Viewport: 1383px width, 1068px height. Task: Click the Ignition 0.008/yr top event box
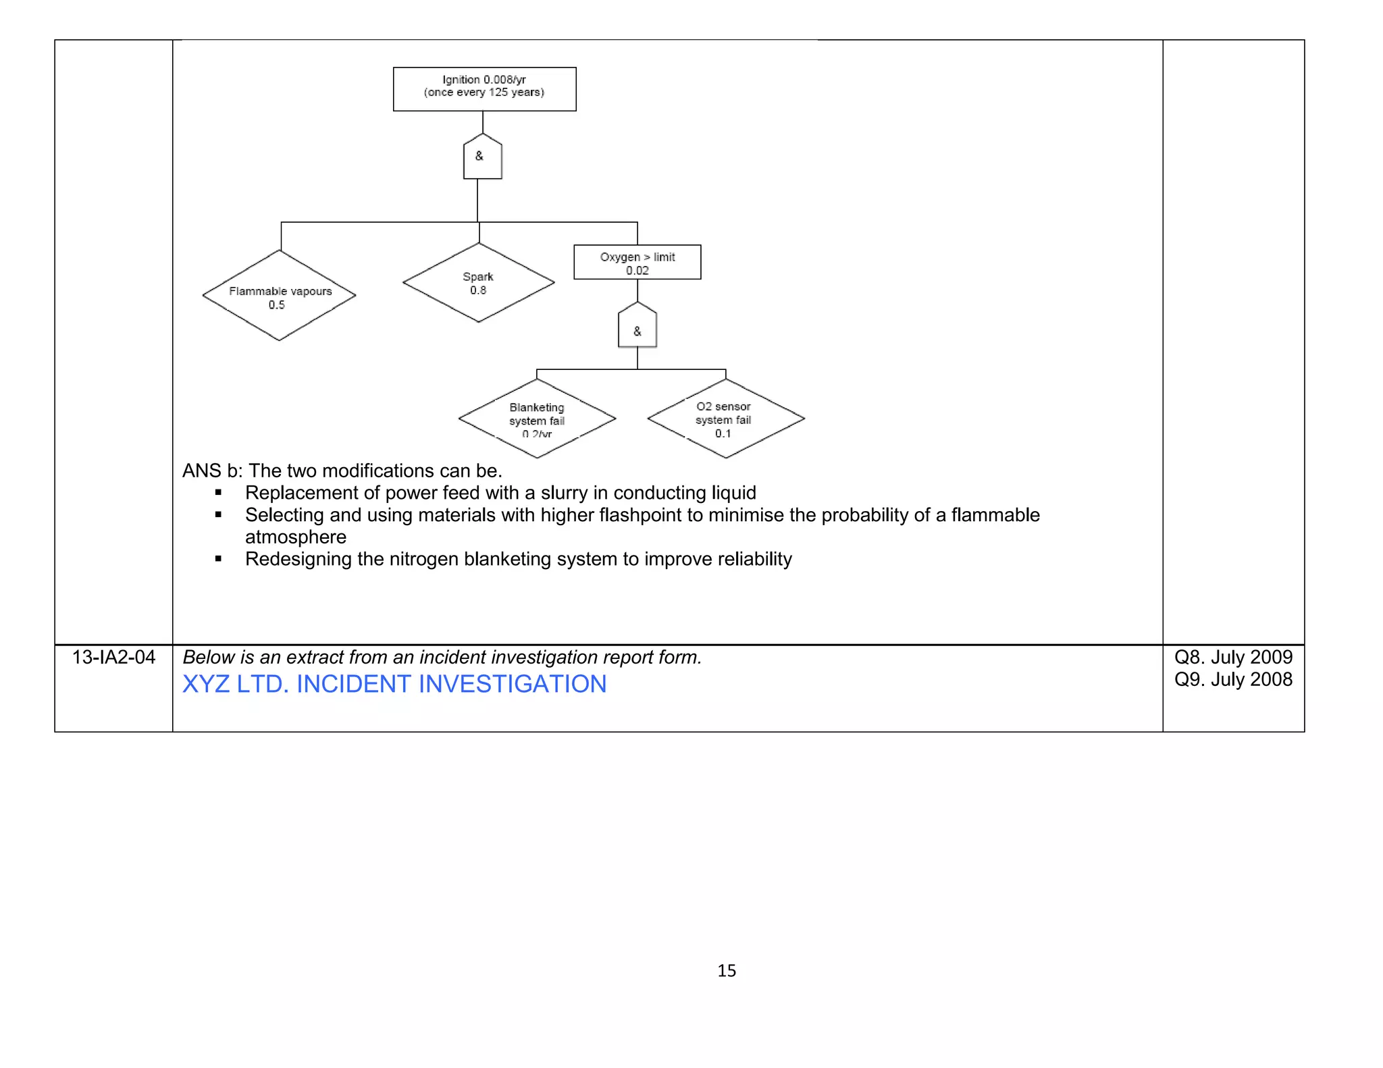click(484, 88)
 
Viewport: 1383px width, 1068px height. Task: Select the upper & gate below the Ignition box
click(482, 157)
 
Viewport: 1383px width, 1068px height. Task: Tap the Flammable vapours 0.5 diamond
click(279, 296)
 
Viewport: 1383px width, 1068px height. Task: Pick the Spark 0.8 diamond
click(478, 283)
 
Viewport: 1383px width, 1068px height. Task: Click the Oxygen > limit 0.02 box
click(637, 262)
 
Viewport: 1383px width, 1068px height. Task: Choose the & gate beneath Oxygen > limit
click(637, 326)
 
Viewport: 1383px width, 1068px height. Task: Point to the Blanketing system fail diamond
click(537, 419)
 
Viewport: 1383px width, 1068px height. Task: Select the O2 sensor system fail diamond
click(725, 419)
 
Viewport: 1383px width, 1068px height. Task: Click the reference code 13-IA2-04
click(113, 657)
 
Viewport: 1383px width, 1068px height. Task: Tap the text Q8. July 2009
click(1233, 657)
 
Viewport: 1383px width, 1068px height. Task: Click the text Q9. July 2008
click(1233, 679)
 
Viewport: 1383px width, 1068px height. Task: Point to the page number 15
click(727, 970)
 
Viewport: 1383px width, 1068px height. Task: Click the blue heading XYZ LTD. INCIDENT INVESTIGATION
click(394, 684)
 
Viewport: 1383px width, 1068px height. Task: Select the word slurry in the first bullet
click(564, 493)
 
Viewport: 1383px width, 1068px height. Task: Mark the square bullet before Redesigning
click(218, 559)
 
